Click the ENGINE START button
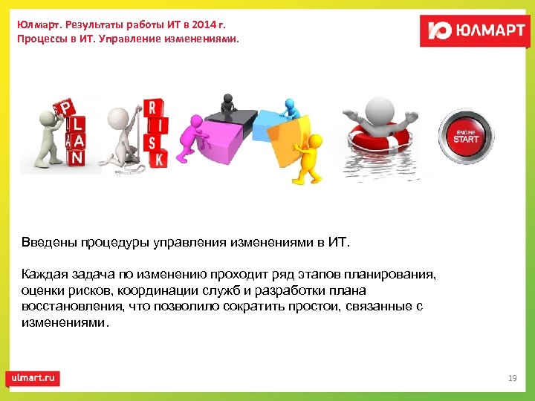466,137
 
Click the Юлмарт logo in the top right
473,30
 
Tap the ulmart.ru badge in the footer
33,378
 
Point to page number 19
512,379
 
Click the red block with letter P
67,109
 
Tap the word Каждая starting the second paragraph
44,275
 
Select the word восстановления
71,307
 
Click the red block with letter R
152,108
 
